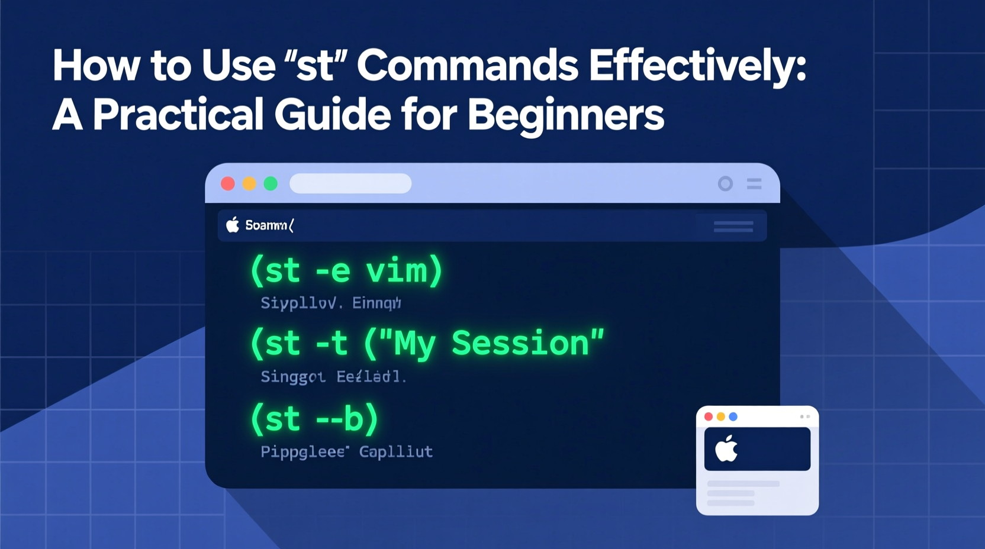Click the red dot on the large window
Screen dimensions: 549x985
click(x=228, y=184)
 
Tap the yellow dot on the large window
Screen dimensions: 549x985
click(x=249, y=184)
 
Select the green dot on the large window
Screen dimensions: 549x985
click(x=271, y=184)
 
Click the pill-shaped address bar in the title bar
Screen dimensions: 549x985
click(x=350, y=184)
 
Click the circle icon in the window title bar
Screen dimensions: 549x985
click(x=725, y=184)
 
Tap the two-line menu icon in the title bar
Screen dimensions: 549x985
click(x=754, y=184)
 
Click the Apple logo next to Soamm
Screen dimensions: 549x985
click(x=233, y=225)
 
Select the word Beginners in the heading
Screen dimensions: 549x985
click(x=565, y=115)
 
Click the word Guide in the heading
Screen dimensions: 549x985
click(x=332, y=115)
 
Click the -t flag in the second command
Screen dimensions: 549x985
click(x=331, y=344)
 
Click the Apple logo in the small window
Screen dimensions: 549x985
click(x=726, y=448)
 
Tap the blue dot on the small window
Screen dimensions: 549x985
click(x=733, y=416)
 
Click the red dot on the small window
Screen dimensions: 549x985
click(x=709, y=416)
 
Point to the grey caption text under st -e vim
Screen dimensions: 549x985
click(x=330, y=303)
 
